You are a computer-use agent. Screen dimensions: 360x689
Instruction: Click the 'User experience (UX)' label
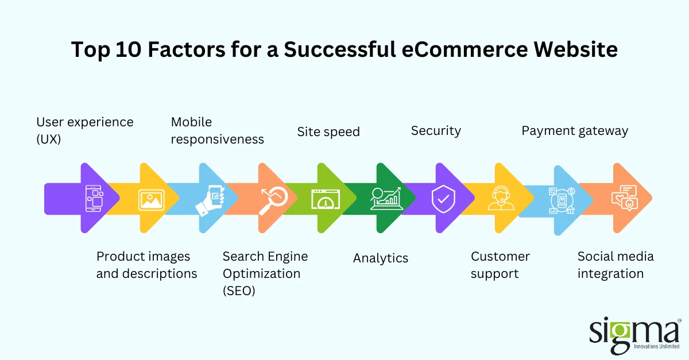tap(85, 130)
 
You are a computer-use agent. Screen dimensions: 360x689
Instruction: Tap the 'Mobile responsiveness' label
tap(218, 130)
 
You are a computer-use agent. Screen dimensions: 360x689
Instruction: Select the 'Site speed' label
tap(328, 131)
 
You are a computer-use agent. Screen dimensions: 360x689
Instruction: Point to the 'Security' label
tap(436, 130)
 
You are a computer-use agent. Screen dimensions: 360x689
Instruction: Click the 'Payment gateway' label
tap(575, 130)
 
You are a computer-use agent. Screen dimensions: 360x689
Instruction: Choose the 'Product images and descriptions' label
tap(146, 265)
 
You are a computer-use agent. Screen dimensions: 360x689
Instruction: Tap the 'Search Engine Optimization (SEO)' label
tap(265, 273)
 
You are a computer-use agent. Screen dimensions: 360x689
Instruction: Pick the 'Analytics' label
tap(381, 258)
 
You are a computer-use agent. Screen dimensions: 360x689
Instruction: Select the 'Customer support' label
tap(500, 265)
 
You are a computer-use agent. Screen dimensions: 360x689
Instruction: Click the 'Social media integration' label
tap(616, 265)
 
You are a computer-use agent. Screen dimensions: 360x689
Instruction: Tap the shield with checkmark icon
tap(442, 199)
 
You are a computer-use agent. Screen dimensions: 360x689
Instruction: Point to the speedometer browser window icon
tap(326, 199)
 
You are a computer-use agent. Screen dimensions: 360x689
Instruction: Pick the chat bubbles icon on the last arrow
tap(625, 198)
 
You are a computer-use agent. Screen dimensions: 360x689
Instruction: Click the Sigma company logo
tap(634, 335)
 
